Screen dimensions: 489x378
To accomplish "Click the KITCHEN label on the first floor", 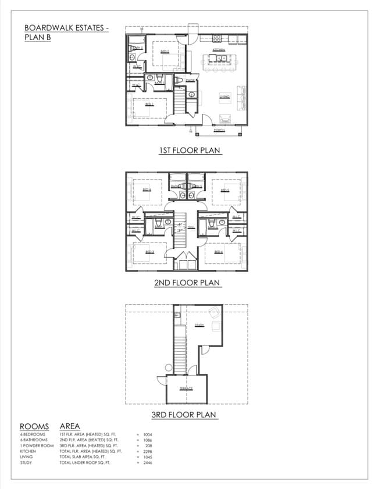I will pyautogui.click(x=219, y=50).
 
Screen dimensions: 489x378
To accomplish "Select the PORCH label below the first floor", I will pyautogui.click(x=219, y=130).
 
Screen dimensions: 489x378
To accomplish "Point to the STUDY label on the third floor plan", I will pyautogui.click(x=199, y=326).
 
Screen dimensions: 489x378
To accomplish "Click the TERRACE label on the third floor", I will pyautogui.click(x=186, y=388).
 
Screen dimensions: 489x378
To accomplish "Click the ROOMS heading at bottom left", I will pyautogui.click(x=34, y=427).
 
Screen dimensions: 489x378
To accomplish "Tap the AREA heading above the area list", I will pyautogui.click(x=70, y=427).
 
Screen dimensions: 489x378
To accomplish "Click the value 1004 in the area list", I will pyautogui.click(x=147, y=434).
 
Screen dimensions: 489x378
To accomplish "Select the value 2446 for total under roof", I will pyautogui.click(x=147, y=463).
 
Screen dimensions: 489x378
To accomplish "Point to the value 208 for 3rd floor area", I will pyautogui.click(x=148, y=445).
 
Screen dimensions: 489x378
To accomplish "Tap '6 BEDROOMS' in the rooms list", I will pyautogui.click(x=33, y=434).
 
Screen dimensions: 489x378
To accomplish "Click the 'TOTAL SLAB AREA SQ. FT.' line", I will pyautogui.click(x=85, y=457).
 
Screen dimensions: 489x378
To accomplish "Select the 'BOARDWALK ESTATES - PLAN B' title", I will pyautogui.click(x=66, y=32).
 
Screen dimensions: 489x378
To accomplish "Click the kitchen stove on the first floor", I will pyautogui.click(x=216, y=39).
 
